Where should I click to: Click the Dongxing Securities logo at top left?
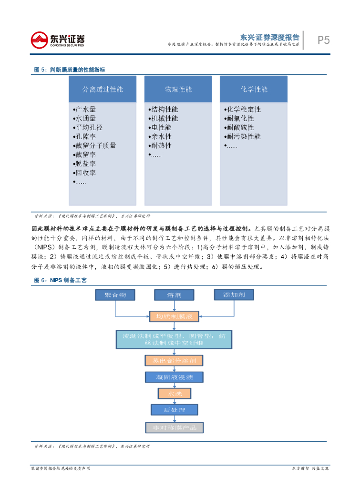(58, 40)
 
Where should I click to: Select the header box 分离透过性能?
(103, 89)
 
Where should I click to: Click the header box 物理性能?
(178, 89)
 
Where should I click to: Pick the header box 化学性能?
(254, 89)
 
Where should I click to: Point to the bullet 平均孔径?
(88, 127)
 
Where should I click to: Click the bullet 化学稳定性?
(243, 109)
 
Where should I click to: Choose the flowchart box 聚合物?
(115, 295)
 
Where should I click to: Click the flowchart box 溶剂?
(174, 295)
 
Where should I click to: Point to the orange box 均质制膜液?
(174, 316)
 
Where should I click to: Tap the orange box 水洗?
(174, 394)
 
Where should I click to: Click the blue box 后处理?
(174, 409)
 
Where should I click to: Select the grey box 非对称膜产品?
(174, 427)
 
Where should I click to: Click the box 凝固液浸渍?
(174, 377)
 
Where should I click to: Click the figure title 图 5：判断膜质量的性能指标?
(70, 70)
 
